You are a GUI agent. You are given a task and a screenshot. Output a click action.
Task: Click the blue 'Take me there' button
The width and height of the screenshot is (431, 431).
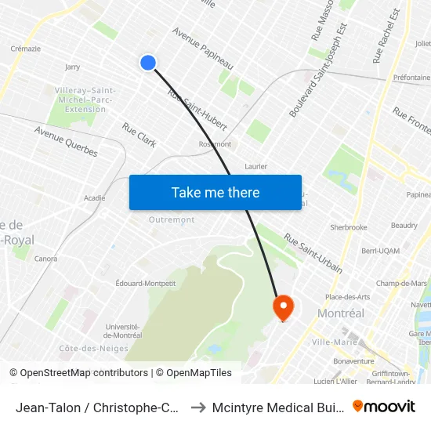(x=215, y=192)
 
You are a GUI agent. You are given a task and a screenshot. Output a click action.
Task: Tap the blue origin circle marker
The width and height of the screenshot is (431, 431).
(x=147, y=63)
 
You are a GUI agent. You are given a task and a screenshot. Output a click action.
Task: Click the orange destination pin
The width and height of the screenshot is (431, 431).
(x=282, y=306)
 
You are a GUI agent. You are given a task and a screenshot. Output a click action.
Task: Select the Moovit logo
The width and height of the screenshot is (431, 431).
(x=384, y=406)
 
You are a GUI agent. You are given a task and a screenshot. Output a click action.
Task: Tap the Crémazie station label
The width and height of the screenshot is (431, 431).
(x=26, y=48)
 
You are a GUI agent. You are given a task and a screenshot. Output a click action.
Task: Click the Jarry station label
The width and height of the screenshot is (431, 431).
(x=73, y=67)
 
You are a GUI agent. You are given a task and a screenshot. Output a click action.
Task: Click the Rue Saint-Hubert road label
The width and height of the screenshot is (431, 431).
(x=197, y=110)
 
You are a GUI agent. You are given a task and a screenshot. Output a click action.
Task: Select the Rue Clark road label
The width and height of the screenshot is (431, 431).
(x=139, y=134)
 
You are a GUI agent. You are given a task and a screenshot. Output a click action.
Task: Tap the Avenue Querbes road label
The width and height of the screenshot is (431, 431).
(x=65, y=139)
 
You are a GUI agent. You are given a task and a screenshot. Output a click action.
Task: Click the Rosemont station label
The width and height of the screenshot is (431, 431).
(x=215, y=144)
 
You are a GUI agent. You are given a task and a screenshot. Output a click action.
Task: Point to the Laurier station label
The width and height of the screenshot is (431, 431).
(x=255, y=166)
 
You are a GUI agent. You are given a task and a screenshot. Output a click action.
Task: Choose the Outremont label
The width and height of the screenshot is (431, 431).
(x=172, y=219)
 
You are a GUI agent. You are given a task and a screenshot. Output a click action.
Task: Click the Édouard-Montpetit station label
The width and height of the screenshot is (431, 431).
(x=145, y=283)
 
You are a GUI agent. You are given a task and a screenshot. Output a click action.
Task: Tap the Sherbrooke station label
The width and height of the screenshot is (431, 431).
(x=349, y=227)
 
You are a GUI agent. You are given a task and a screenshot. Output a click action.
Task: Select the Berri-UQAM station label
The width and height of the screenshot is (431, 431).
(x=379, y=251)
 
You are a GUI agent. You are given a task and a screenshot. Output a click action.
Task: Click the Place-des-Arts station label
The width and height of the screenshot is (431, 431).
(x=348, y=297)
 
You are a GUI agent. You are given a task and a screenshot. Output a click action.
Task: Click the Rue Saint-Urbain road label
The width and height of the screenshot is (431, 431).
(x=313, y=253)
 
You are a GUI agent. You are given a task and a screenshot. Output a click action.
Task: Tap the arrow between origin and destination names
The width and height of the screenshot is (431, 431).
(x=198, y=407)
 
